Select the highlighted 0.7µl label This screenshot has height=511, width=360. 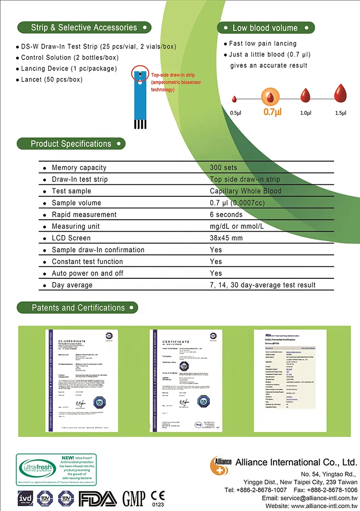tap(272, 112)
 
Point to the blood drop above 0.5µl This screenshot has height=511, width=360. tap(235, 99)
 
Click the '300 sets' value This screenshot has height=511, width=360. tap(223, 167)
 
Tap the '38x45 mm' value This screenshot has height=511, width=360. tap(226, 238)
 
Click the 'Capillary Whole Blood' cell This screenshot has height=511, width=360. tap(245, 191)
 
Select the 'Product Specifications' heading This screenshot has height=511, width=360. tap(71, 143)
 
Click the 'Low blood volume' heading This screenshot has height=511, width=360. tap(265, 28)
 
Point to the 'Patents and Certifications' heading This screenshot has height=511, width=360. tap(78, 308)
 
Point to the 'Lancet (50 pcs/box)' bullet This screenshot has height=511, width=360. tap(51, 79)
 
